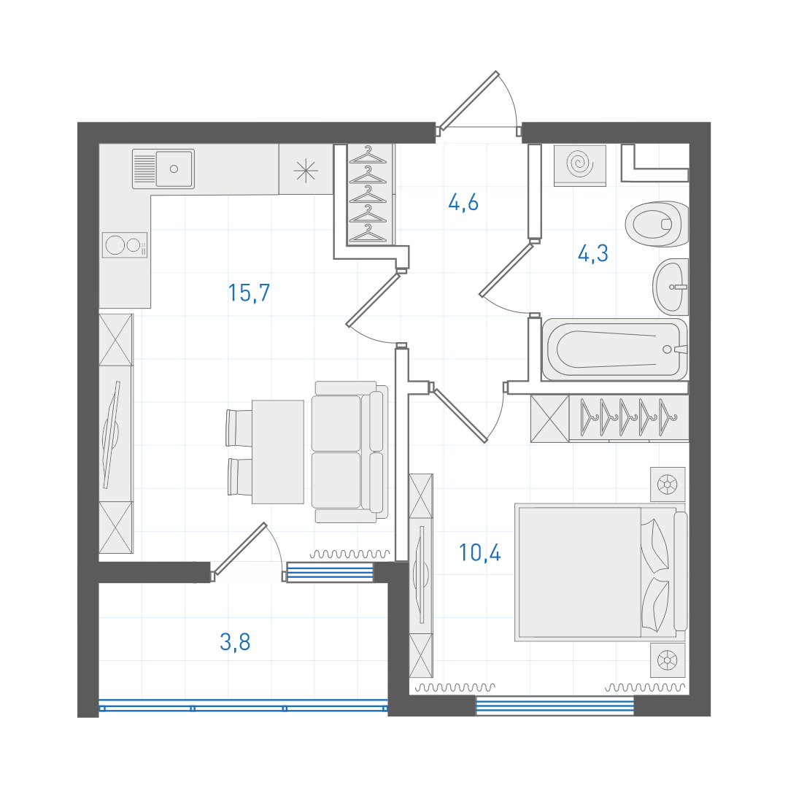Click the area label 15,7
[x=250, y=293]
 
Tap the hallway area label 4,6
[x=463, y=203]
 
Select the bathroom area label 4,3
[x=593, y=253]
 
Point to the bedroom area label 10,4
[x=480, y=552]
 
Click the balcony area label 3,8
[x=235, y=642]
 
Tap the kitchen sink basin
[x=174, y=169]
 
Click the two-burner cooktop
[x=125, y=245]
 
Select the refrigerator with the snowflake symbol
[x=306, y=169]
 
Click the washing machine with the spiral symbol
[x=580, y=165]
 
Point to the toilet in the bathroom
[x=657, y=224]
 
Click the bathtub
[x=614, y=349]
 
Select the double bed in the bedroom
[x=601, y=573]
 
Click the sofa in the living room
[x=349, y=452]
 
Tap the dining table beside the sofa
[x=278, y=452]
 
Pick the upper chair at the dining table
[x=239, y=428]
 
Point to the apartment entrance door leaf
[x=468, y=100]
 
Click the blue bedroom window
[x=555, y=706]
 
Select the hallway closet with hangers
[x=368, y=195]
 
